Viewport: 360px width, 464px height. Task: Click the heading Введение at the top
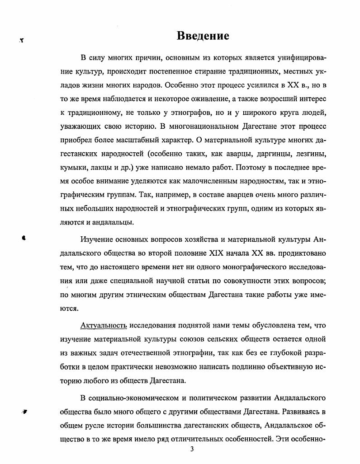pyautogui.click(x=203, y=36)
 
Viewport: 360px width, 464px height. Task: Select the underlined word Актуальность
pyautogui.click(x=104, y=325)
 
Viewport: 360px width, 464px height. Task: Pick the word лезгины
pyautogui.click(x=309, y=154)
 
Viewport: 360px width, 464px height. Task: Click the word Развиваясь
pyautogui.click(x=300, y=412)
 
